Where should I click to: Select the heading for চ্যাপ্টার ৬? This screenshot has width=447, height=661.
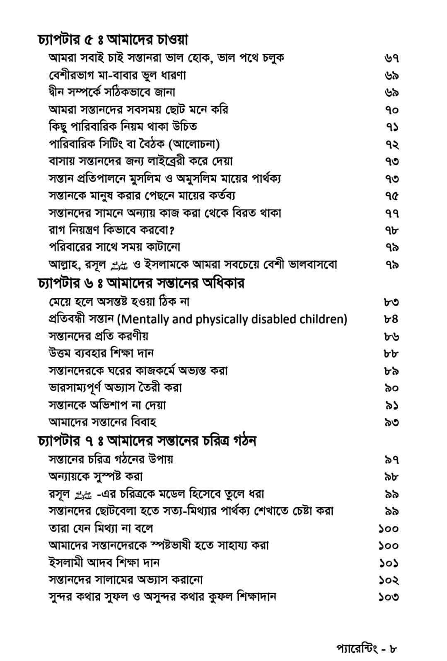(x=141, y=283)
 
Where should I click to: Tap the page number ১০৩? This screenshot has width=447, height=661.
(x=388, y=597)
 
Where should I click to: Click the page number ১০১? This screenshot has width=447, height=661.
(x=388, y=563)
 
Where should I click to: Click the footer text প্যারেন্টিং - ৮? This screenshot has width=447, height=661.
(x=367, y=647)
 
